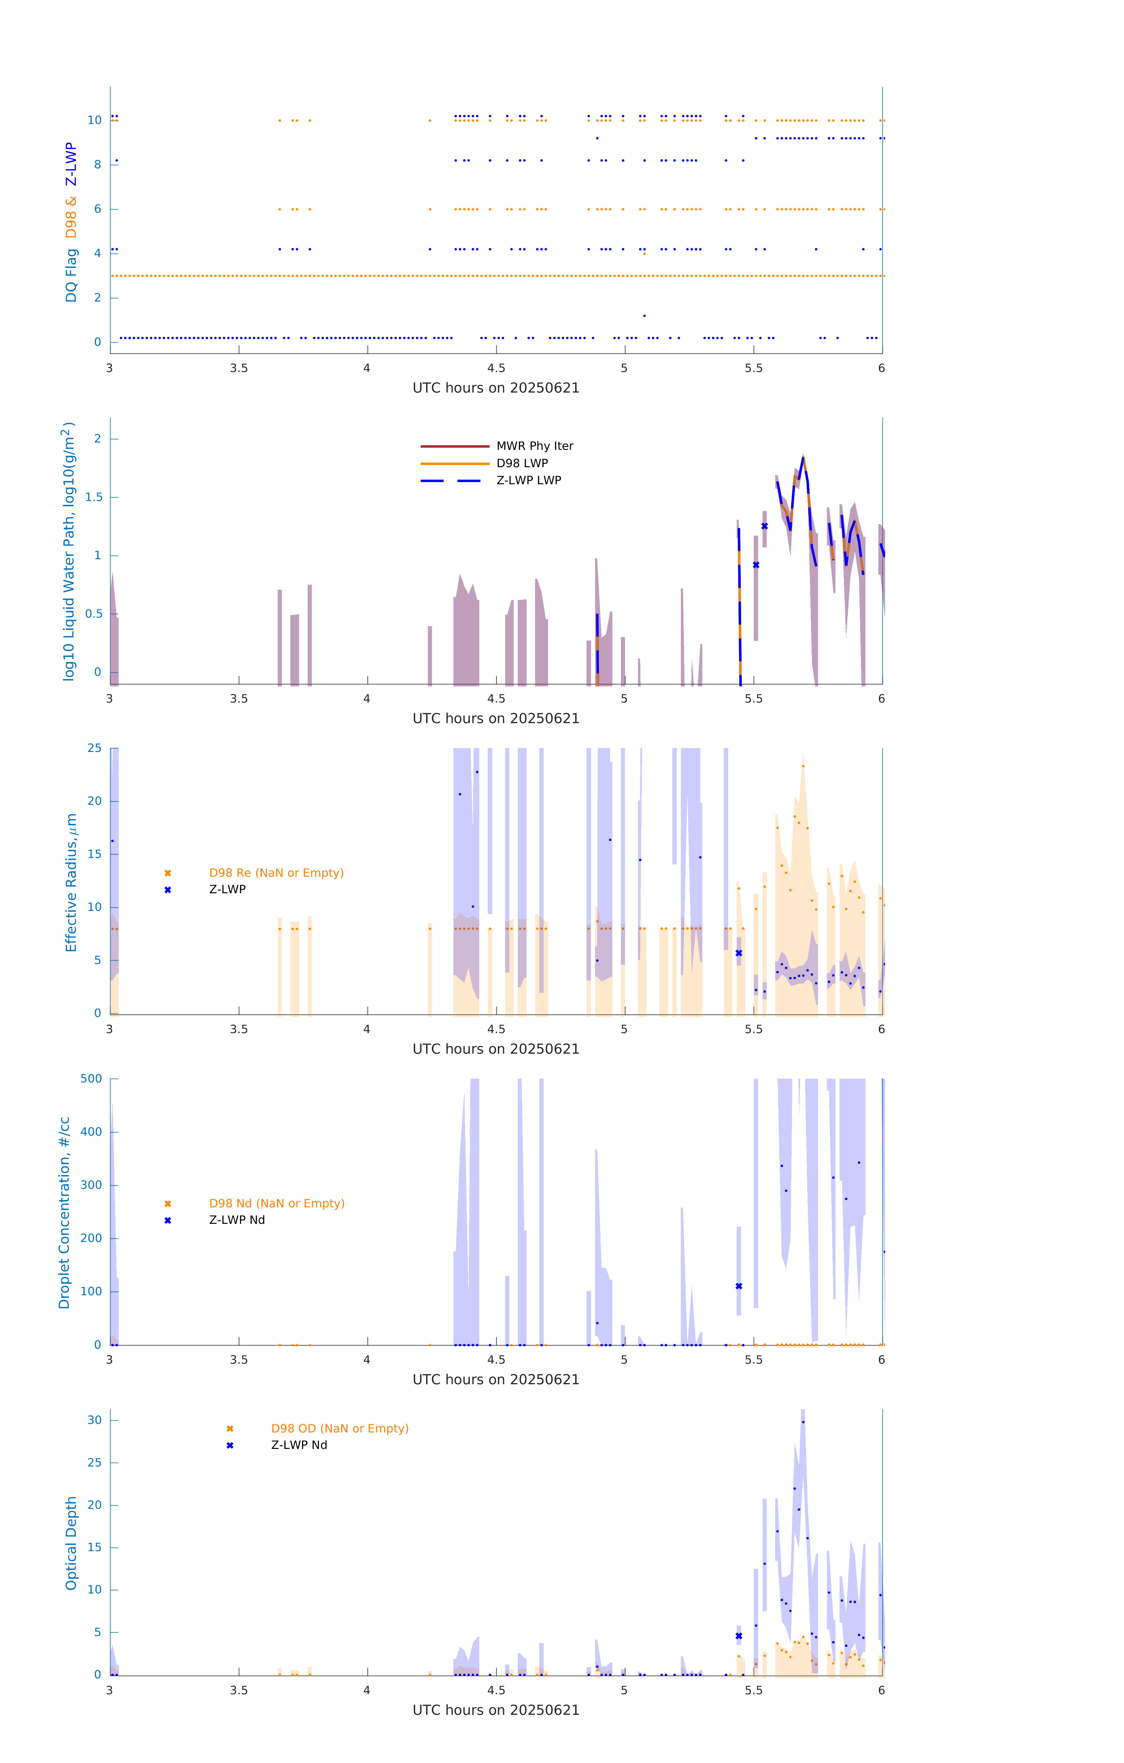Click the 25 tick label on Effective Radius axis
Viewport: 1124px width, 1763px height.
tap(94, 748)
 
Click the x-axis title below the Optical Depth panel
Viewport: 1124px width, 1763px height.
tap(496, 1710)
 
